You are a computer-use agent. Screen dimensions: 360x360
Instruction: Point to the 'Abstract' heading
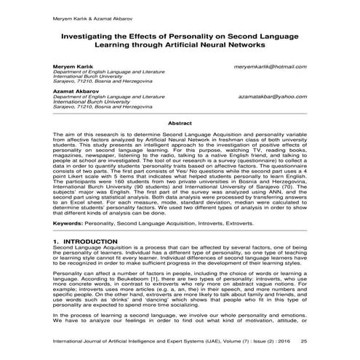coord(180,124)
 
